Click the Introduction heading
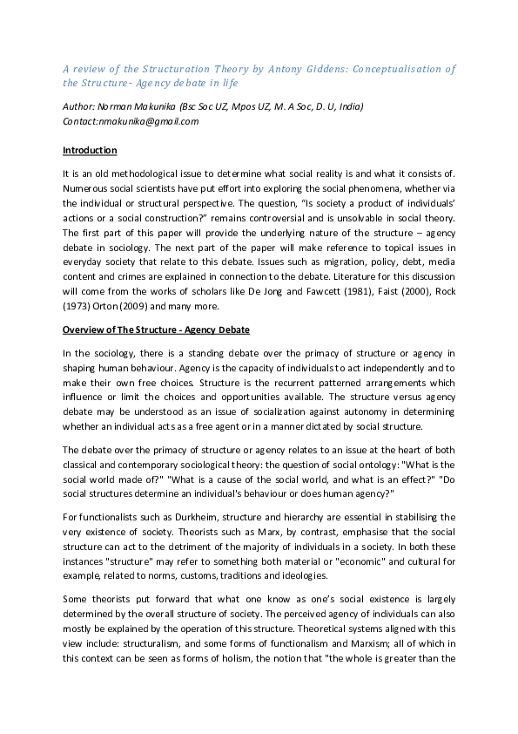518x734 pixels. click(90, 150)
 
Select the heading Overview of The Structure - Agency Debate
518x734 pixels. click(156, 330)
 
